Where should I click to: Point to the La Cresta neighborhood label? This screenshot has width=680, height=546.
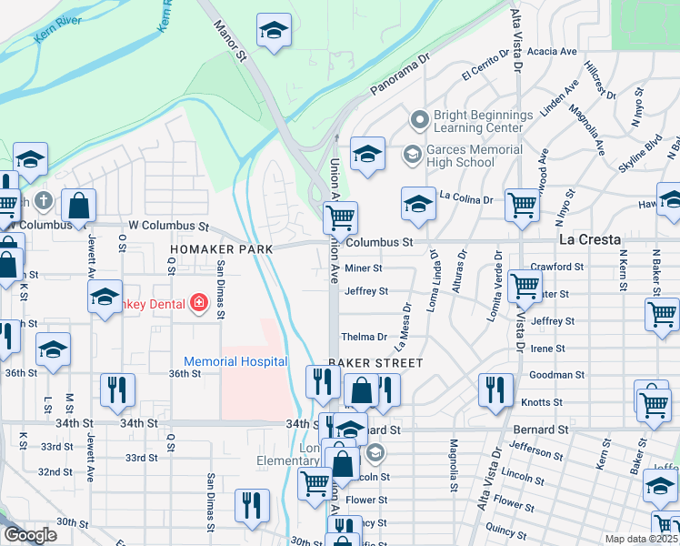pos(589,240)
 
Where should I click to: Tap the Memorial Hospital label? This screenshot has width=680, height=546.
pos(235,361)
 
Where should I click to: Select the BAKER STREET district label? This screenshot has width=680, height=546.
pos(375,362)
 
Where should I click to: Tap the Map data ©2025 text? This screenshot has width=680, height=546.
pos(641,539)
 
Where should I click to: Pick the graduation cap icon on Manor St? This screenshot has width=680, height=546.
pos(272,32)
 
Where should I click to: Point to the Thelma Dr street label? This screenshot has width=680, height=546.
pos(364,337)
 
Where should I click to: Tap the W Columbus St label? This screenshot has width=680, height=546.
pos(168,226)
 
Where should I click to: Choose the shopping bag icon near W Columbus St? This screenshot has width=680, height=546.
pos(79,206)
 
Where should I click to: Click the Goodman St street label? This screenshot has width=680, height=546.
pos(556,375)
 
